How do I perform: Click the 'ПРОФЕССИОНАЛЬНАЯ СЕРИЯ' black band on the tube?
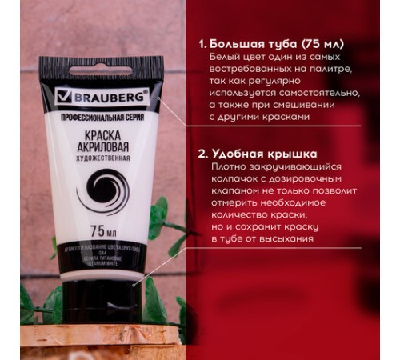(99, 116)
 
